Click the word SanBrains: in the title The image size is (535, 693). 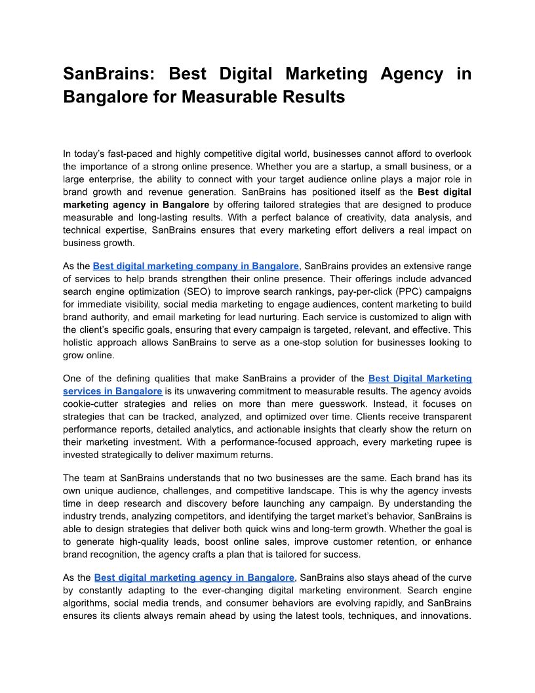point(108,73)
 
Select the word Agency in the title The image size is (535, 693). point(406,73)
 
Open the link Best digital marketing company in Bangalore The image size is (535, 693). point(196,266)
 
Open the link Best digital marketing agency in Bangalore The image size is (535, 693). point(194,577)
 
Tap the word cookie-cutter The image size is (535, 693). point(93,404)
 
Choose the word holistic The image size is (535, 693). point(79,342)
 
